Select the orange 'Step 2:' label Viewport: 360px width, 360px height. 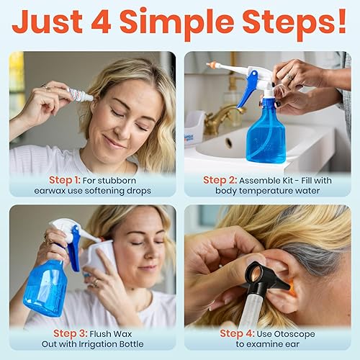pos(225,179)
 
